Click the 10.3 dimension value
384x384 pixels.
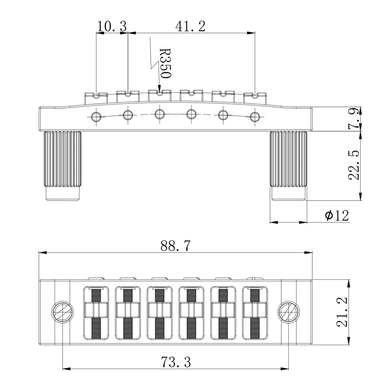point(112,26)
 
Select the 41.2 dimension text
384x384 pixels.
point(190,26)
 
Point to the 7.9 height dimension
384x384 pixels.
point(354,119)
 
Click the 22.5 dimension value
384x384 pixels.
point(354,165)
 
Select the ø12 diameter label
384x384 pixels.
point(337,215)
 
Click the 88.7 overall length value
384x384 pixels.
point(175,246)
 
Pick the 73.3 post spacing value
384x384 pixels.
point(176,362)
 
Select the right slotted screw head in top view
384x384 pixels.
point(289,311)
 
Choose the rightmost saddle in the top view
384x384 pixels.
point(255,311)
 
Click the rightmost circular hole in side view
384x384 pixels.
point(255,115)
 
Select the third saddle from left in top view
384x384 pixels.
point(160,311)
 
